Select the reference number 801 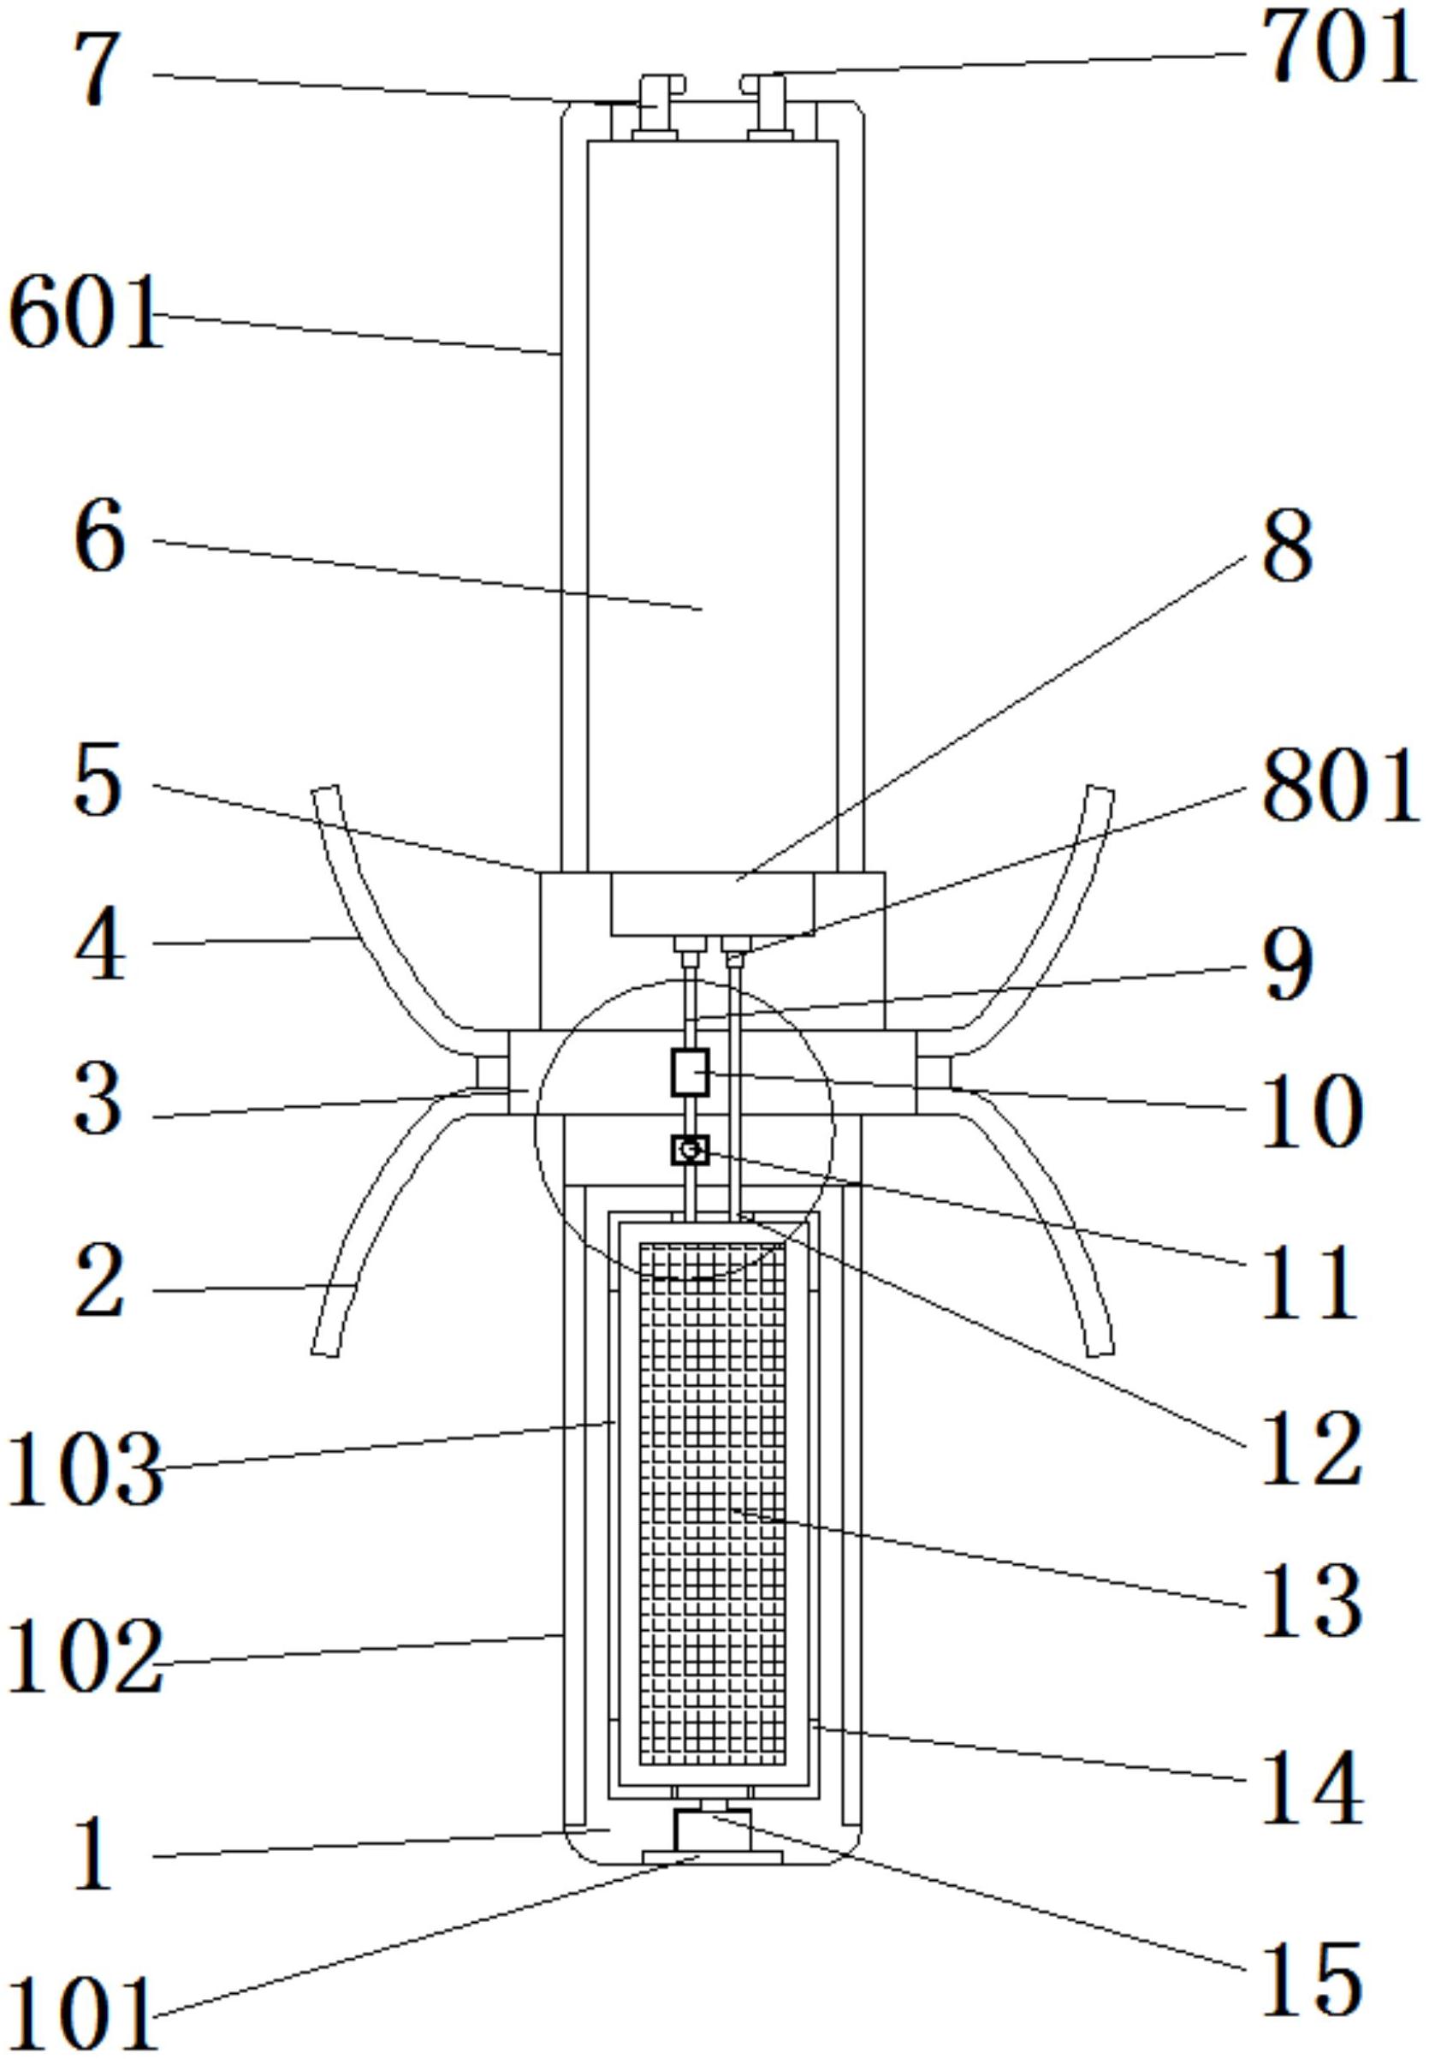point(1339,788)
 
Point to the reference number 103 point(85,1470)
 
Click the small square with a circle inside point(690,1150)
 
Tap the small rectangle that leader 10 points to point(690,1072)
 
